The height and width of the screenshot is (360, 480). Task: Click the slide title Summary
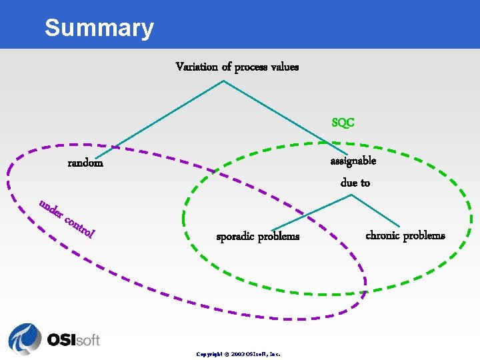pyautogui.click(x=99, y=28)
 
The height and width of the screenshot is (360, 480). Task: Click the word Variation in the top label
pyautogui.click(x=196, y=67)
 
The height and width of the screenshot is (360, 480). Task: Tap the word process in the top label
pyautogui.click(x=252, y=67)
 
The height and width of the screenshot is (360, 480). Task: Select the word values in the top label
pyautogui.click(x=286, y=67)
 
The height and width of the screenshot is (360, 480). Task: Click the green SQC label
pyautogui.click(x=343, y=123)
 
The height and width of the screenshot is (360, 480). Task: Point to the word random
pyautogui.click(x=85, y=163)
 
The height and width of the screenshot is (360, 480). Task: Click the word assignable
pyautogui.click(x=353, y=161)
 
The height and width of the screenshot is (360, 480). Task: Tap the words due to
pyautogui.click(x=355, y=183)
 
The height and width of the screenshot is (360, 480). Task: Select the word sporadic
pyautogui.click(x=237, y=237)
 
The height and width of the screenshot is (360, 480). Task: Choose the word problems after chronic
pyautogui.click(x=425, y=235)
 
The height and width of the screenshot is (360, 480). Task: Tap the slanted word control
pyautogui.click(x=81, y=226)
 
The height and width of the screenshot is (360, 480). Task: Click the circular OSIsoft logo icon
pyautogui.click(x=25, y=339)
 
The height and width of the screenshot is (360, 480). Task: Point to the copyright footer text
pyautogui.click(x=238, y=354)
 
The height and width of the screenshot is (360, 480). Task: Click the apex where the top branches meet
pyautogui.click(x=223, y=81)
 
